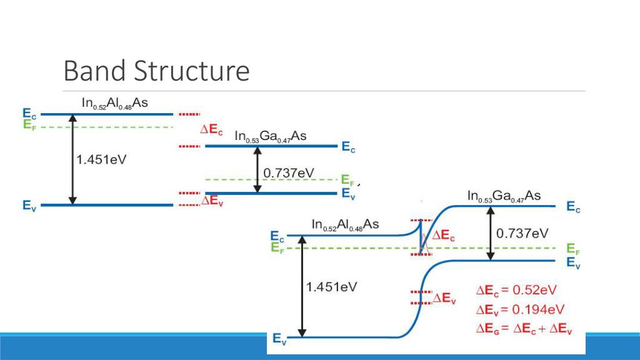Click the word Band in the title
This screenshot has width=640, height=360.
[x=94, y=71]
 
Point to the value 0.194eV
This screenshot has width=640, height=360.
[x=538, y=309]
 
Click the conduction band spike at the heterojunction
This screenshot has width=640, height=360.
[x=421, y=236]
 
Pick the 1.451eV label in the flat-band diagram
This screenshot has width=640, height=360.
[x=101, y=159]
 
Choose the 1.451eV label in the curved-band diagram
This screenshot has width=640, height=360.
[x=331, y=287]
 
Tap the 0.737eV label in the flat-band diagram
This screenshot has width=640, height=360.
[x=289, y=173]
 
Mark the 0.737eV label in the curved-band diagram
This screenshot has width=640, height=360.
[x=522, y=234]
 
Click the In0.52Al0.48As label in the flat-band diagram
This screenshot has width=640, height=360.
[x=115, y=103]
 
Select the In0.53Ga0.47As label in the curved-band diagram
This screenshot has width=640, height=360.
[x=504, y=196]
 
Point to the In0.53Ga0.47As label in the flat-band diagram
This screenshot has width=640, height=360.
[x=270, y=136]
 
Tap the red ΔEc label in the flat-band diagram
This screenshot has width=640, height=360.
[x=211, y=130]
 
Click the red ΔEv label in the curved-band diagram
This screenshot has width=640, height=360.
[x=444, y=299]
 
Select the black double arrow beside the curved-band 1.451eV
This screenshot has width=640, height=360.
[x=302, y=286]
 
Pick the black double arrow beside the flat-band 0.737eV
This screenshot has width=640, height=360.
[x=257, y=169]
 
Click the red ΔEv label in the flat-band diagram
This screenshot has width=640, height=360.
[x=212, y=201]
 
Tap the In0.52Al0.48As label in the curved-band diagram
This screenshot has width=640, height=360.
[x=345, y=224]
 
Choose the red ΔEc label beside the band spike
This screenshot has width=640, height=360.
[x=443, y=236]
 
